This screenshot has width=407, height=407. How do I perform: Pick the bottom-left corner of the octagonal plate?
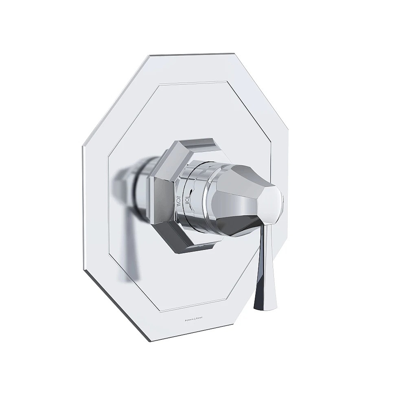84,269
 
